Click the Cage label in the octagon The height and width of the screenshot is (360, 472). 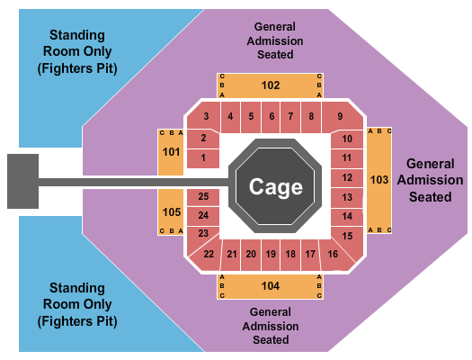click(x=271, y=186)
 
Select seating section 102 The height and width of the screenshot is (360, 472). click(x=271, y=85)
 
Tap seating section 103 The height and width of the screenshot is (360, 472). click(x=380, y=180)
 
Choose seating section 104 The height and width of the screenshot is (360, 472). click(x=271, y=286)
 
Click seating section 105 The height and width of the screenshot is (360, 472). click(x=171, y=212)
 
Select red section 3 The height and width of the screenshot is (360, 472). click(x=206, y=116)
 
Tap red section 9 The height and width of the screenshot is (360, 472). click(x=341, y=116)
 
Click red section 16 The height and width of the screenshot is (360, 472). click(x=334, y=255)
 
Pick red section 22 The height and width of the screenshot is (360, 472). click(x=209, y=255)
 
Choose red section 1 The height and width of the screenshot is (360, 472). click(x=204, y=158)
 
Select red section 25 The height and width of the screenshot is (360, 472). click(x=204, y=196)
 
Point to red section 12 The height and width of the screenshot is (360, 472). click(x=347, y=177)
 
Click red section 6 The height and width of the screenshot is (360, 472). click(x=271, y=116)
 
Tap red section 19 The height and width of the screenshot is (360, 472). click(x=271, y=255)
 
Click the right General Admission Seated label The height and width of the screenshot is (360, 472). click(x=428, y=180)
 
